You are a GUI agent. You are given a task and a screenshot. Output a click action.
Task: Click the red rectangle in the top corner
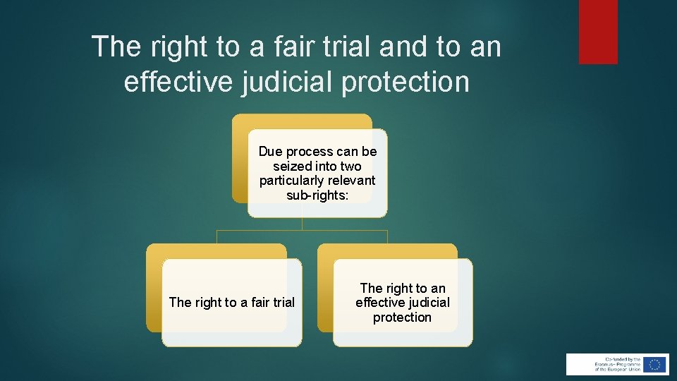[598, 32]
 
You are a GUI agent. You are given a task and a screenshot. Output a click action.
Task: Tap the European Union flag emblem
[655, 364]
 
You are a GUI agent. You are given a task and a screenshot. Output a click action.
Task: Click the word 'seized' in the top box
[292, 167]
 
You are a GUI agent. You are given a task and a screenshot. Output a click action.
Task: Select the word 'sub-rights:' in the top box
[317, 195]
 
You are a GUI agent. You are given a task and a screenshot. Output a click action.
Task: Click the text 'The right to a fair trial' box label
[231, 303]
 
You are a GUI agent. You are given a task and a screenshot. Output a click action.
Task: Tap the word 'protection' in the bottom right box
[402, 317]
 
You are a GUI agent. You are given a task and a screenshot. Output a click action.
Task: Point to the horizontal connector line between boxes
[302, 230]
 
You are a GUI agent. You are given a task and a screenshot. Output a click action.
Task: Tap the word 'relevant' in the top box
[350, 181]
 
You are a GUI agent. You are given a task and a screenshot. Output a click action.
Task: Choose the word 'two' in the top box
[350, 167]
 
